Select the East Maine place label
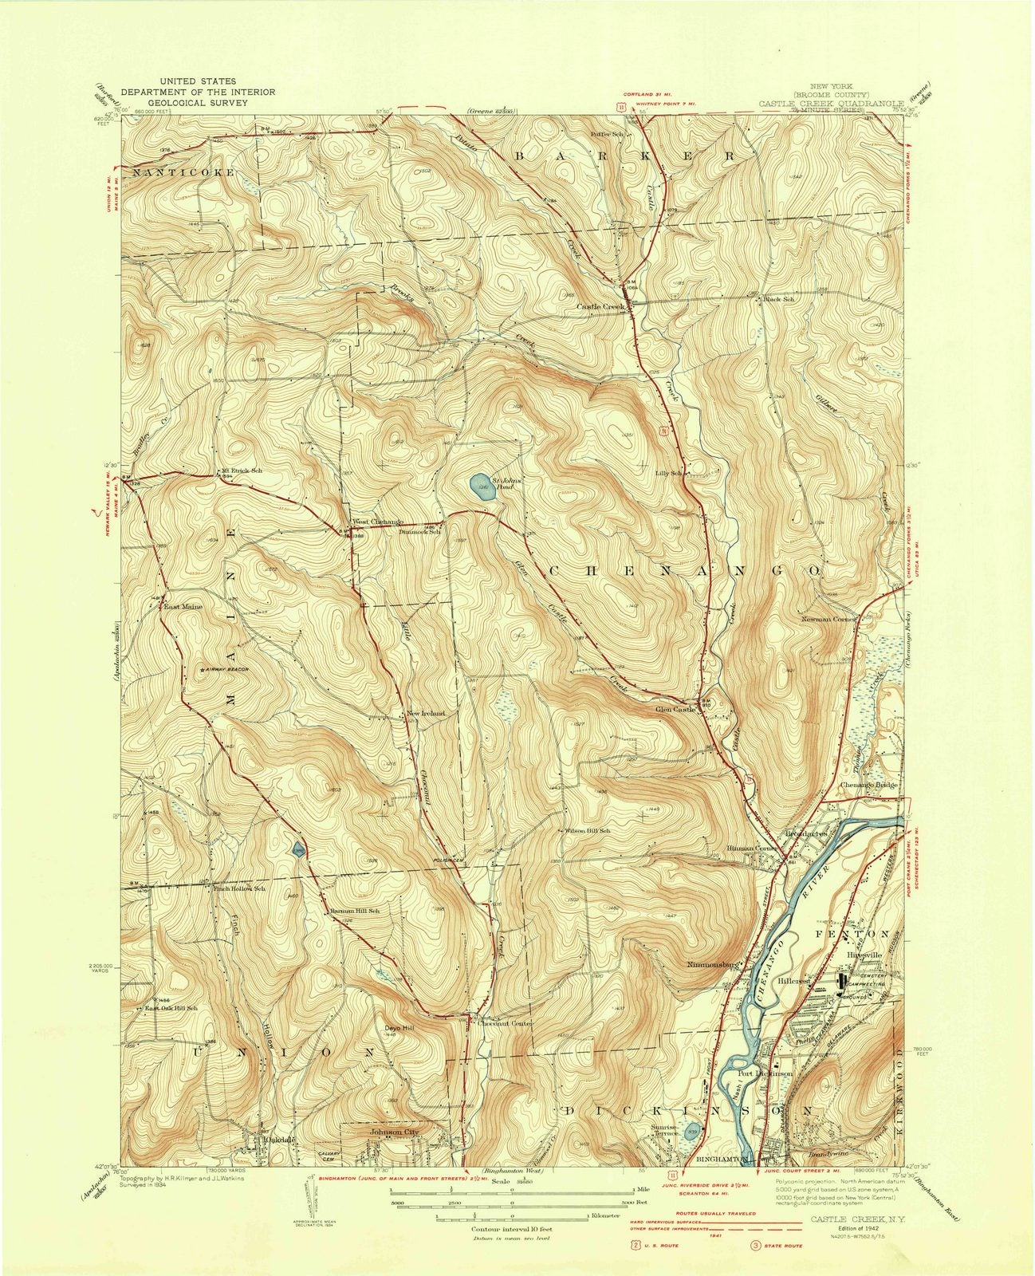[x=183, y=607]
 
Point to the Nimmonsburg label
[x=714, y=963]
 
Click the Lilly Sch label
[x=669, y=473]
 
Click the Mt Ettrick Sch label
[x=241, y=471]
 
